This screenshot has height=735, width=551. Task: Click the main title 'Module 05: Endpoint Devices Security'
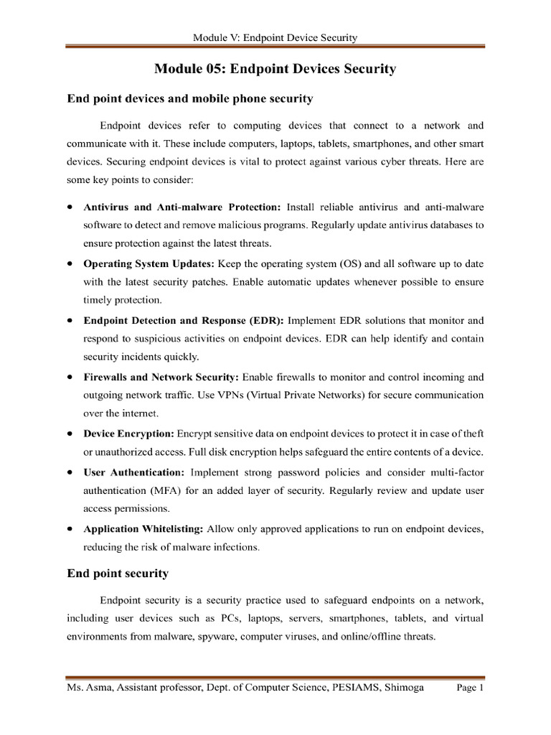275,69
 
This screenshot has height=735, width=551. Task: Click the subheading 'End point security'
118,573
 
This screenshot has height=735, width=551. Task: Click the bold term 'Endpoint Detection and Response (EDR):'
184,319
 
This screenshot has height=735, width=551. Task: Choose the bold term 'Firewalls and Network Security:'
161,377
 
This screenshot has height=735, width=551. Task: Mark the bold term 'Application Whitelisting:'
143,529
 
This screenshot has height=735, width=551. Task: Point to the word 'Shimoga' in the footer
402,688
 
